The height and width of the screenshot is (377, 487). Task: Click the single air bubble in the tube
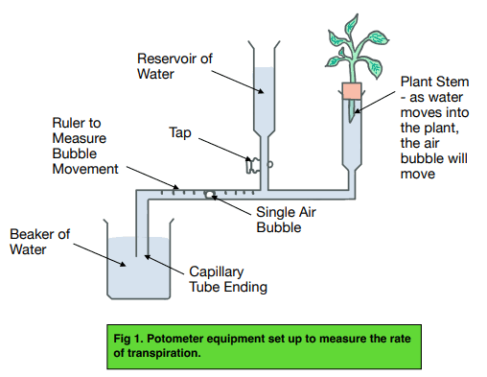(207, 194)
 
